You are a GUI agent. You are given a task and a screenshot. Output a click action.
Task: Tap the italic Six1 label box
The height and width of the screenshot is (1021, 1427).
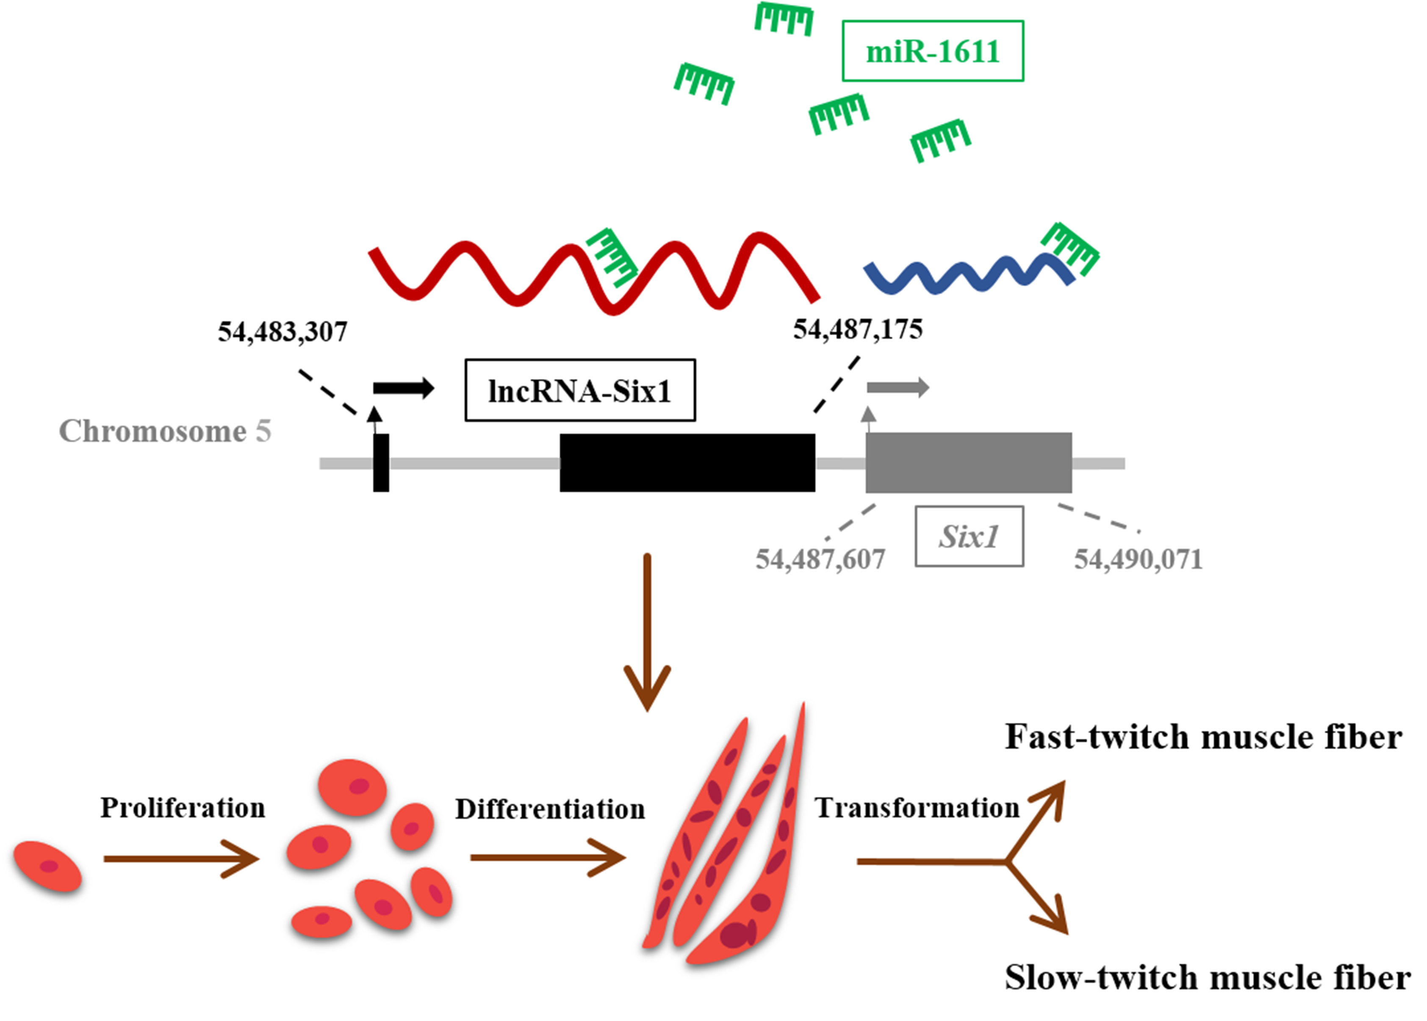coord(969,536)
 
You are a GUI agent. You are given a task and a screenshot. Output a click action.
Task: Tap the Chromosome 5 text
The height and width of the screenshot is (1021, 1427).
coord(165,431)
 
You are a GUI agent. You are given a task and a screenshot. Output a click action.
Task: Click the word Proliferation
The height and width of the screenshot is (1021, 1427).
coord(183,808)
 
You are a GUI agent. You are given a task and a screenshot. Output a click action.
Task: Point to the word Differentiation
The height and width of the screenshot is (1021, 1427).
coord(550,809)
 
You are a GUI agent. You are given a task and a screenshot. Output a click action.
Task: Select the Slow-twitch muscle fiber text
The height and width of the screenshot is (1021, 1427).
coord(1207,978)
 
